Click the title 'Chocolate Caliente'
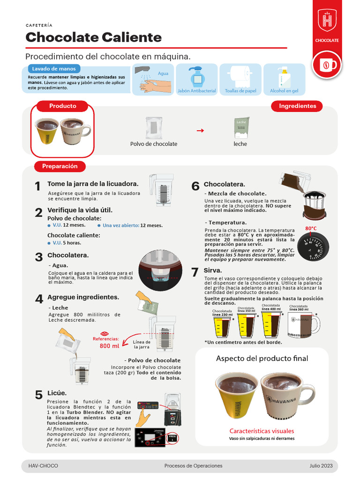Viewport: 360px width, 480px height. [93, 37]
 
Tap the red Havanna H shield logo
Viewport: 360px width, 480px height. [327, 21]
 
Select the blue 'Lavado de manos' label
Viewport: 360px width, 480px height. [53, 68]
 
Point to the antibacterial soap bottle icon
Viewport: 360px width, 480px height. [196, 76]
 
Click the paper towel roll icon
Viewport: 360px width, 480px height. [240, 76]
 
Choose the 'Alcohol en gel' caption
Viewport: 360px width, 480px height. [284, 91]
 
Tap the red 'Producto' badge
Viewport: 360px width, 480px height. [62, 106]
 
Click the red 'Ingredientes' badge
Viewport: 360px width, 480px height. [297, 106]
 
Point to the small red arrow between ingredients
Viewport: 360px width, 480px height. [200, 131]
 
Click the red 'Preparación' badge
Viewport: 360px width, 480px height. [60, 166]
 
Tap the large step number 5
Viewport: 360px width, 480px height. [39, 395]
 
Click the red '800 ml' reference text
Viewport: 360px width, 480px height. [109, 346]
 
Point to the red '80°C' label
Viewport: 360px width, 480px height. [311, 228]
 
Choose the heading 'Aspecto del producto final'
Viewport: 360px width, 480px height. [262, 359]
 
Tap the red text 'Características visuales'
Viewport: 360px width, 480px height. [262, 431]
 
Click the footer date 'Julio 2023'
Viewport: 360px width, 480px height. [321, 466]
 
